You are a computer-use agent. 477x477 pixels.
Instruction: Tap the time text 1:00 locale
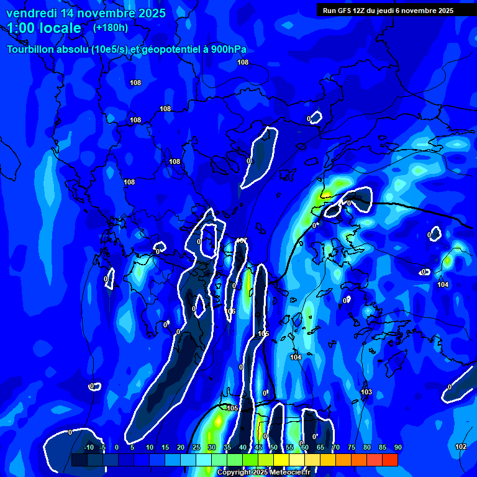point(44,28)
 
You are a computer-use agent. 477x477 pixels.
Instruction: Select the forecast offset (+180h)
point(110,28)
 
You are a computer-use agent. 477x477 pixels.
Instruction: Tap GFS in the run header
point(345,11)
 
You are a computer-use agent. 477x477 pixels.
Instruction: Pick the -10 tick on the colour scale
point(88,448)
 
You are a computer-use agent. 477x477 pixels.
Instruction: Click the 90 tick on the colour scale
point(397,448)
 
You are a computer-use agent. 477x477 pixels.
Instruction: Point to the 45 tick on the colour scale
point(258,448)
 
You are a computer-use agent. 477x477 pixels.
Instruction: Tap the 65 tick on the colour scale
point(320,448)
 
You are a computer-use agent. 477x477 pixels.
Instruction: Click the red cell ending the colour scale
point(389,460)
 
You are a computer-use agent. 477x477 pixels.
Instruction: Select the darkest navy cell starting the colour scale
point(79,460)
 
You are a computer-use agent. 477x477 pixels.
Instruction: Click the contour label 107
point(242,240)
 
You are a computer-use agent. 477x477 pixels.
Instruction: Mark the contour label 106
point(230,311)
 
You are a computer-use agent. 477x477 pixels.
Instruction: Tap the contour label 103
point(366,392)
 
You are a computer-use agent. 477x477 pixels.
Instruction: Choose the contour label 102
point(460,447)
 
